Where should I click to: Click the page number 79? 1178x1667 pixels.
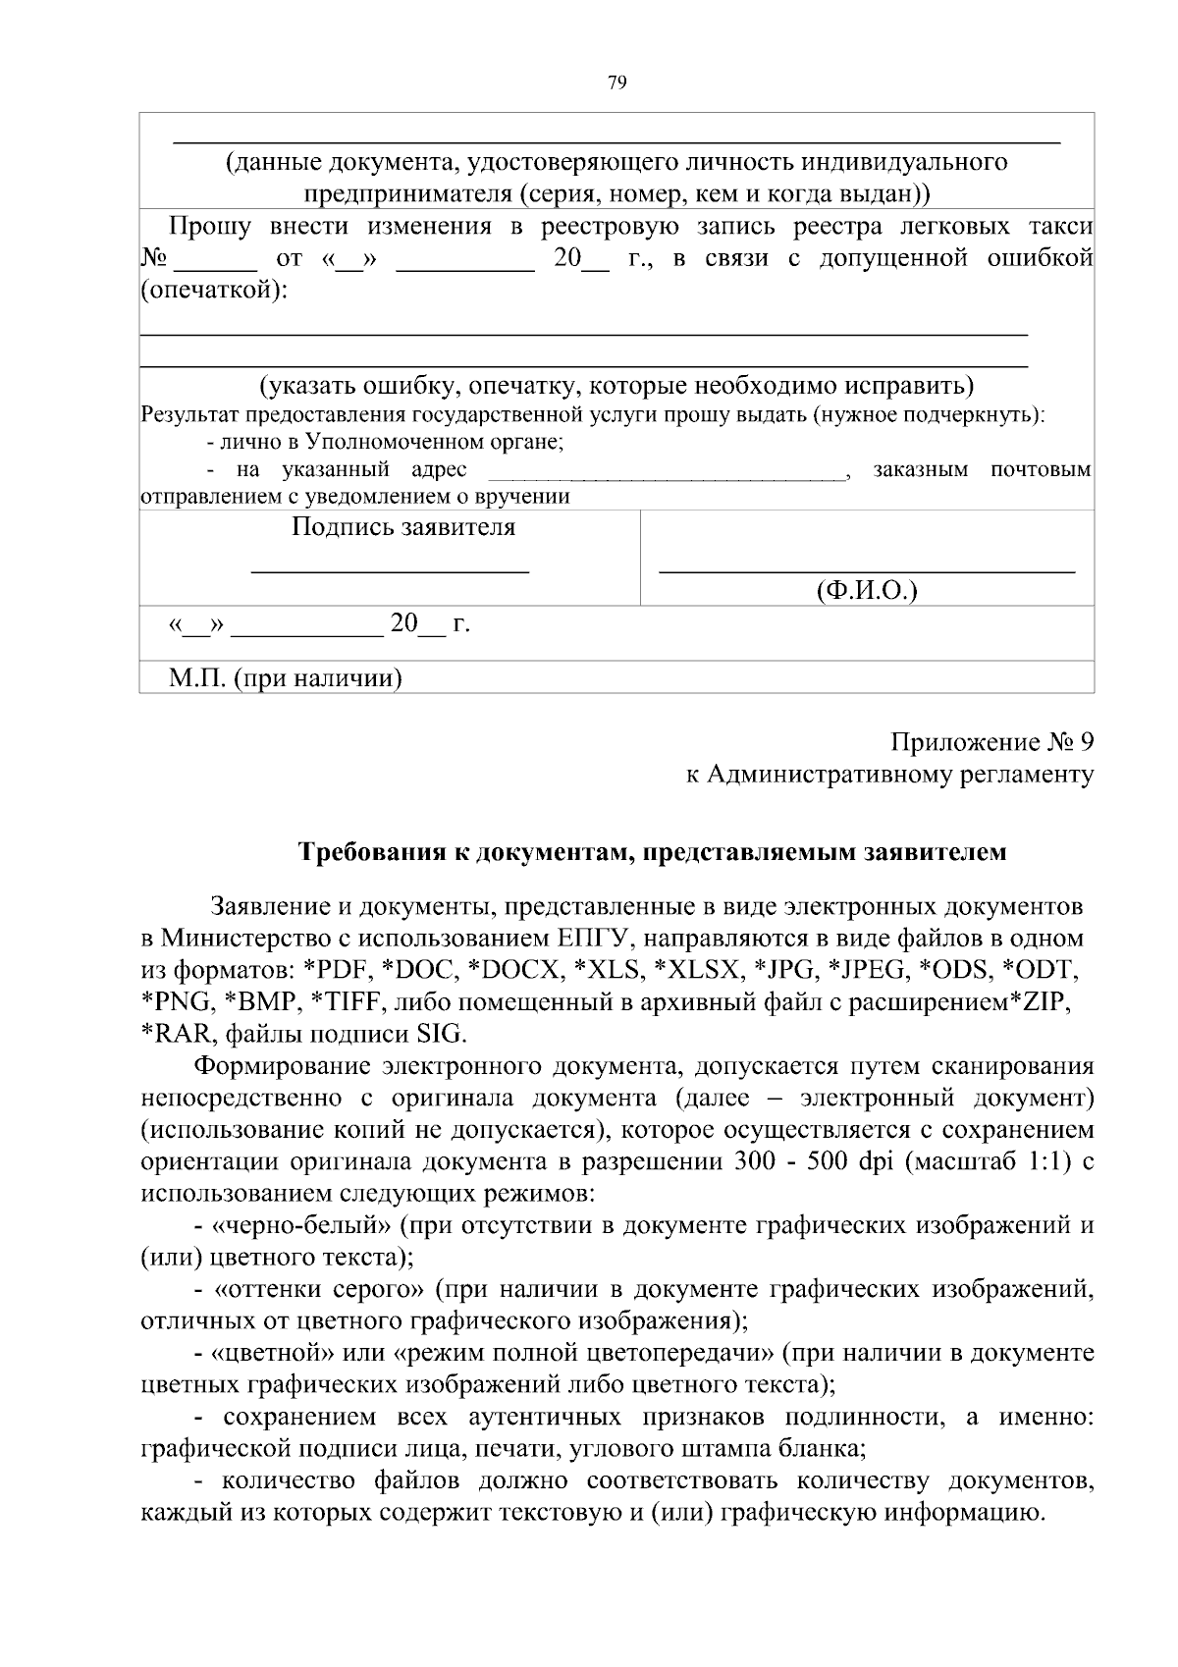616,83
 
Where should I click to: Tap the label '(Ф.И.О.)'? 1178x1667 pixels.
867,590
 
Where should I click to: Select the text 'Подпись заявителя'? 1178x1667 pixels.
403,527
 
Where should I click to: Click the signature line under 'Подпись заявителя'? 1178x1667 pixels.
391,569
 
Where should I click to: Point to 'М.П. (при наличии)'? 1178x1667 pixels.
286,678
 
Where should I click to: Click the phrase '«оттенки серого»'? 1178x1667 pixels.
319,1289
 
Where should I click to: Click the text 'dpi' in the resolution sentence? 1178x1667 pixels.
873,1162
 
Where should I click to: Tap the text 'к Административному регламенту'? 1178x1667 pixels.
889,775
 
